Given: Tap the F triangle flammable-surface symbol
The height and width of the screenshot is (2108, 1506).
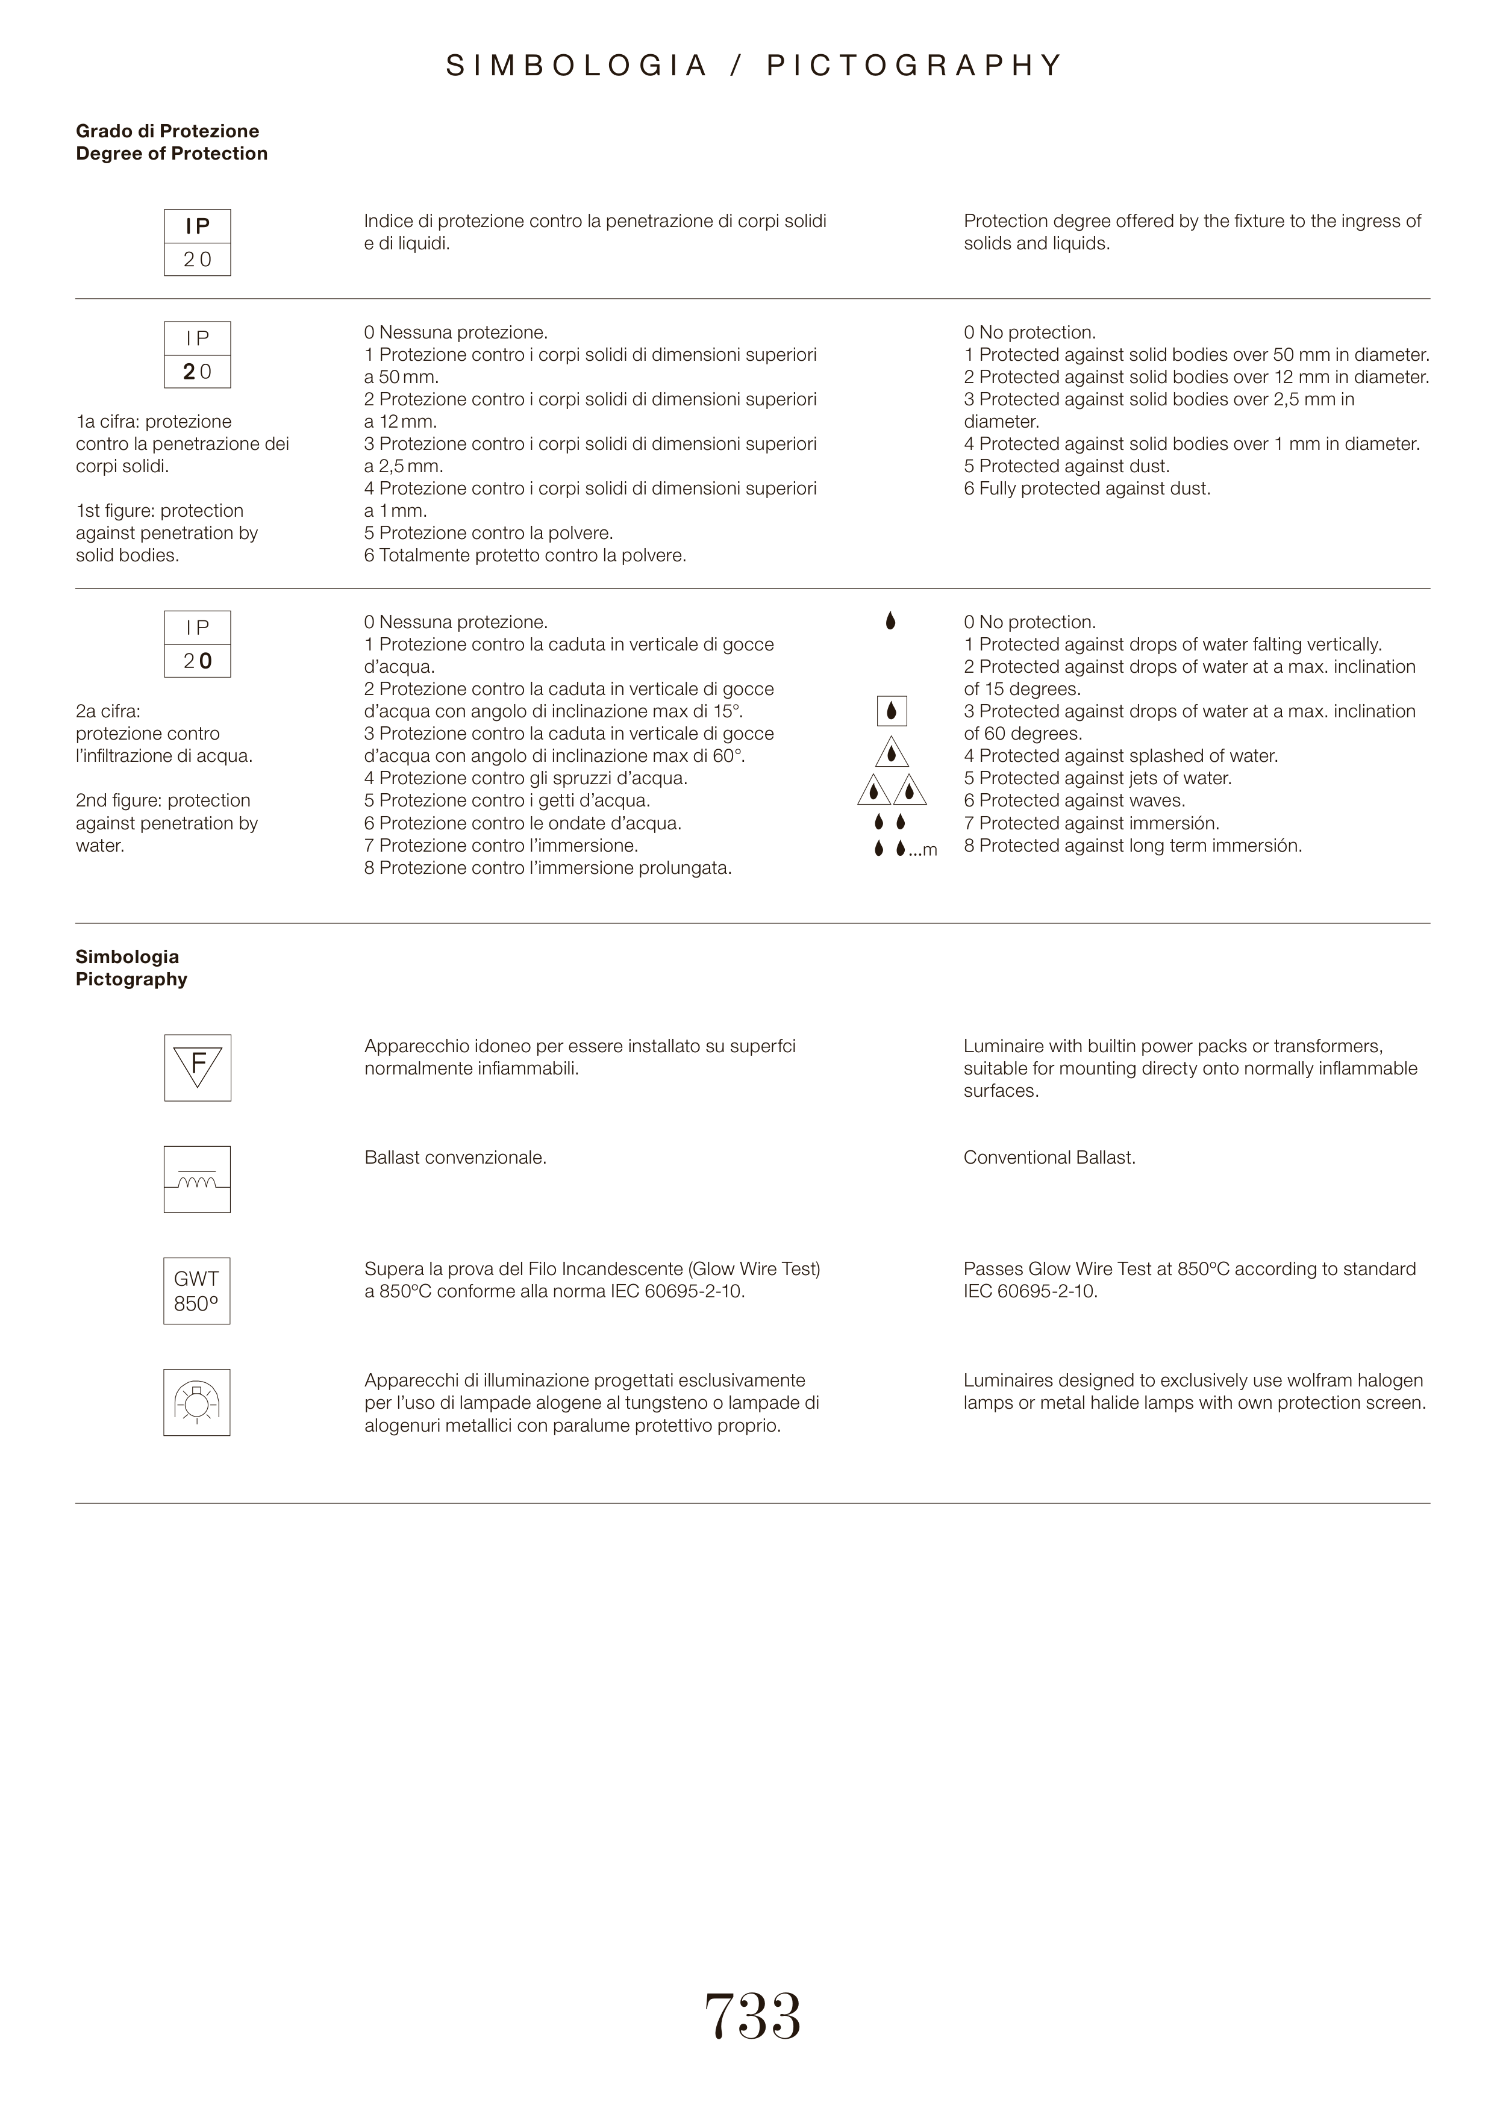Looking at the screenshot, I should [198, 1068].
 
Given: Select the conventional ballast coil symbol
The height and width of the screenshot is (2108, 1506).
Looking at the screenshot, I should [196, 1180].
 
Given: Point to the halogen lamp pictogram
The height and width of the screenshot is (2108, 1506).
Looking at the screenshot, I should [196, 1403].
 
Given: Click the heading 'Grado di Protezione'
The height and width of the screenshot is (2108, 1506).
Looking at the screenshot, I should [167, 131].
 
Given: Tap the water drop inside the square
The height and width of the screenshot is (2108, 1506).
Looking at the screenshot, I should [891, 711].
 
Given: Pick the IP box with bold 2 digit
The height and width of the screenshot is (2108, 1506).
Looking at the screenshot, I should [198, 355].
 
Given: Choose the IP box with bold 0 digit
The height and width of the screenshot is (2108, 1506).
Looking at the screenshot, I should [198, 644].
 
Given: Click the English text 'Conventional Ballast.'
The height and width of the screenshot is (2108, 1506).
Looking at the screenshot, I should [1049, 1158].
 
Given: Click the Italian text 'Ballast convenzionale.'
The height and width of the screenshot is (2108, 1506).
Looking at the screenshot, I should [455, 1158].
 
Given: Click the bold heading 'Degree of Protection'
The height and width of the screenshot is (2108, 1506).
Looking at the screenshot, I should [172, 154].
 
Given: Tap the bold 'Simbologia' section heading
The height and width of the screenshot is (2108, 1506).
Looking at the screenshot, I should [127, 956].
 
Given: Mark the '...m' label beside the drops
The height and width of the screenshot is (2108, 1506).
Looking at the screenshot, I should [923, 850].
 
